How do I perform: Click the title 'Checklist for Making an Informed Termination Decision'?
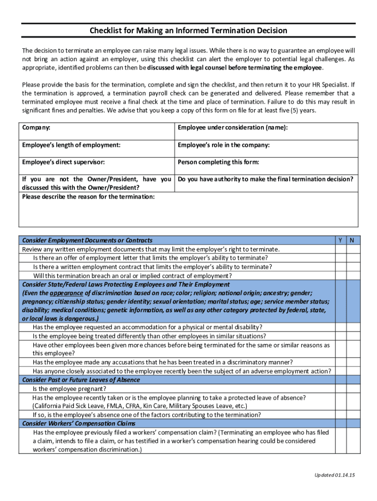pyautogui.click(x=188, y=31)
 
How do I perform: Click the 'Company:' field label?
pyautogui.click(x=36, y=128)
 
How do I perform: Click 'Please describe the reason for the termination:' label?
pyautogui.click(x=89, y=197)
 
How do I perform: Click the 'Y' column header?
pyautogui.click(x=340, y=240)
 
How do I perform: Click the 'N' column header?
pyautogui.click(x=352, y=240)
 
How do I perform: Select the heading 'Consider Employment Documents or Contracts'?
pyautogui.click(x=87, y=240)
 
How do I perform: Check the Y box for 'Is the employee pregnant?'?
pyautogui.click(x=340, y=388)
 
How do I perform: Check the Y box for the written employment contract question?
pyautogui.click(x=340, y=267)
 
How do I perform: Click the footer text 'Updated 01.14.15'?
pyautogui.click(x=334, y=475)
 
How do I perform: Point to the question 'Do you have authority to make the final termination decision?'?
pyautogui.click(x=265, y=179)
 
